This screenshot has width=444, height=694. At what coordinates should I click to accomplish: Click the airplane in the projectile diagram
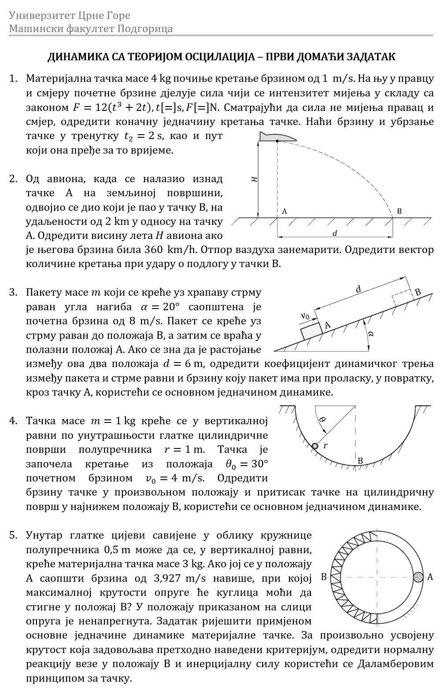click(x=277, y=137)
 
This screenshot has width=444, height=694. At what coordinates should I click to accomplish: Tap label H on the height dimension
click(x=254, y=179)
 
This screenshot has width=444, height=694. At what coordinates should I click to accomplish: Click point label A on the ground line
click(x=285, y=211)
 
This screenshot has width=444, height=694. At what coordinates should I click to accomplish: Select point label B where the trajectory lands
click(x=399, y=211)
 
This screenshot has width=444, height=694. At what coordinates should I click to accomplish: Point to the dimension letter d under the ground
click(x=335, y=233)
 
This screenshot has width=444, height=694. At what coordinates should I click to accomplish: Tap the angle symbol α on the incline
click(x=371, y=334)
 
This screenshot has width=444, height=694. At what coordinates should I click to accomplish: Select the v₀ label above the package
click(x=306, y=316)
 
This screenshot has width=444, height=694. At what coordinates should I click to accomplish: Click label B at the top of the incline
click(x=418, y=292)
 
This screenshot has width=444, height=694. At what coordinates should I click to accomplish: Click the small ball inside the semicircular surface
click(x=314, y=446)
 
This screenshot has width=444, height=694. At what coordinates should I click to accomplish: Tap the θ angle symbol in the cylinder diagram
click(x=322, y=419)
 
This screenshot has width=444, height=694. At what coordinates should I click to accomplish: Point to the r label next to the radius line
click(x=326, y=445)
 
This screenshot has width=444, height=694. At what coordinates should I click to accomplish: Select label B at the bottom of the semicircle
click(x=360, y=461)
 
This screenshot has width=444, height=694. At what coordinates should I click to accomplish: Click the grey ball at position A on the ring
click(x=418, y=577)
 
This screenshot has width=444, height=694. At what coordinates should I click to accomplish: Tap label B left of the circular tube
click(x=324, y=577)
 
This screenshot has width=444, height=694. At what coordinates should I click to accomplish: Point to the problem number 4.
click(x=13, y=421)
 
